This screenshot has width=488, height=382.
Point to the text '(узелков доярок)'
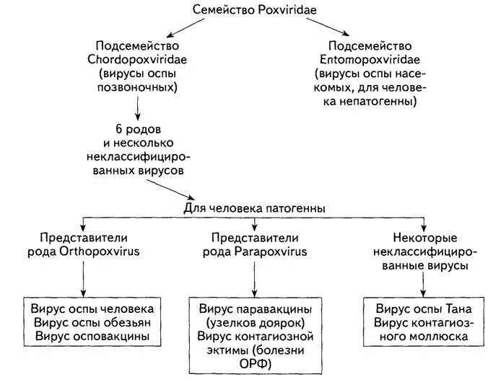coord(253,322)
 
